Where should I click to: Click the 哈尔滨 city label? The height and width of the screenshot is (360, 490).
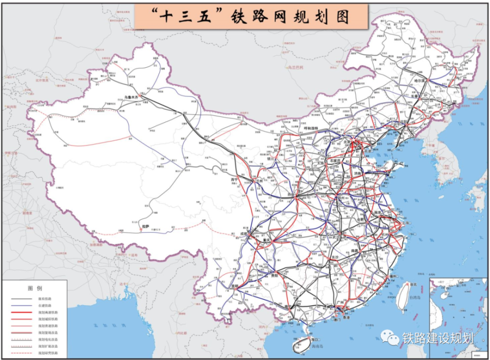click(421, 80)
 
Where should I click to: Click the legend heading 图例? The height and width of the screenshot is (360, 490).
click(34, 287)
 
